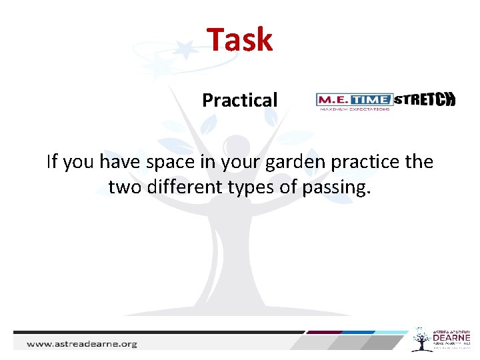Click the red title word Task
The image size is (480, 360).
click(239, 39)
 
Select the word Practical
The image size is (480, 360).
click(239, 101)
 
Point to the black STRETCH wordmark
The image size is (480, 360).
click(425, 100)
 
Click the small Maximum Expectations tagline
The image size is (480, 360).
click(354, 108)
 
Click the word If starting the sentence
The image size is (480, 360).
click(52, 162)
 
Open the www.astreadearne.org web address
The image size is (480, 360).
click(81, 344)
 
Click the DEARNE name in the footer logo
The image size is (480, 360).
click(451, 338)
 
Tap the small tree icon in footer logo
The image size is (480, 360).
click(421, 339)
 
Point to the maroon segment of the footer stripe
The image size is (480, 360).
click(325, 332)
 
